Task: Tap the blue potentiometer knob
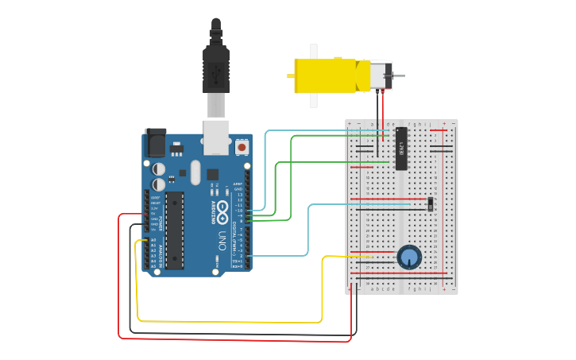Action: [409, 257]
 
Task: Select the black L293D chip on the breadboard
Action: [401, 149]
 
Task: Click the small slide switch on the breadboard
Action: [430, 204]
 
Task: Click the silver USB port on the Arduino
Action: [216, 136]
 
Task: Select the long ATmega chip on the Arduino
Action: [174, 230]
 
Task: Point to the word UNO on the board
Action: [222, 239]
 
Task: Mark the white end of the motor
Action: [381, 75]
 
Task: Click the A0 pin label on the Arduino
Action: [153, 240]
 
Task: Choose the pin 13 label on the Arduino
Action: [239, 194]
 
